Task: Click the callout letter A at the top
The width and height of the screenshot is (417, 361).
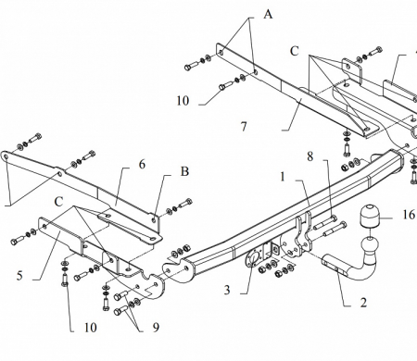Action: (x=268, y=14)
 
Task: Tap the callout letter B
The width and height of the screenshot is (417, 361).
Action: (x=184, y=171)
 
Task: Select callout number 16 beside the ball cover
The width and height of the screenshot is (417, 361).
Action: (x=409, y=214)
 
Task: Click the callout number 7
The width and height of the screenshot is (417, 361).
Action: (x=244, y=127)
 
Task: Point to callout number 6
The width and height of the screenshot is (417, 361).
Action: (x=142, y=165)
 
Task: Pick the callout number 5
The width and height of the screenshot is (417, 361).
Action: (x=19, y=275)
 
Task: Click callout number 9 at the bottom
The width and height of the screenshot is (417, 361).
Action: (x=156, y=327)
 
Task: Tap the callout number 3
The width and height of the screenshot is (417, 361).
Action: (x=227, y=290)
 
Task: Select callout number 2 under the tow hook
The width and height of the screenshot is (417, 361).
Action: (x=363, y=303)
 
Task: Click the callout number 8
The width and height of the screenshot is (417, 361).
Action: (x=310, y=156)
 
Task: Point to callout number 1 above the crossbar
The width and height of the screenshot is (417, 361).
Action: (x=283, y=177)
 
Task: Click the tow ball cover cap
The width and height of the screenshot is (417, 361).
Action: (x=370, y=216)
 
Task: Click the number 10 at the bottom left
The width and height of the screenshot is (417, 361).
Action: (x=91, y=328)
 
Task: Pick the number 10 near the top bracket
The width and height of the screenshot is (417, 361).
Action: (x=183, y=101)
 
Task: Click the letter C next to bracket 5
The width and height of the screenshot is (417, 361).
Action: (x=58, y=202)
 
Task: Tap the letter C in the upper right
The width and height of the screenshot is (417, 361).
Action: (x=295, y=51)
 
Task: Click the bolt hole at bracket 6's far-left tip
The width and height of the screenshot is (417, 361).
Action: (x=6, y=156)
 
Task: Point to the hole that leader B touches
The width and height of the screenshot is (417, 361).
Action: (x=154, y=219)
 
